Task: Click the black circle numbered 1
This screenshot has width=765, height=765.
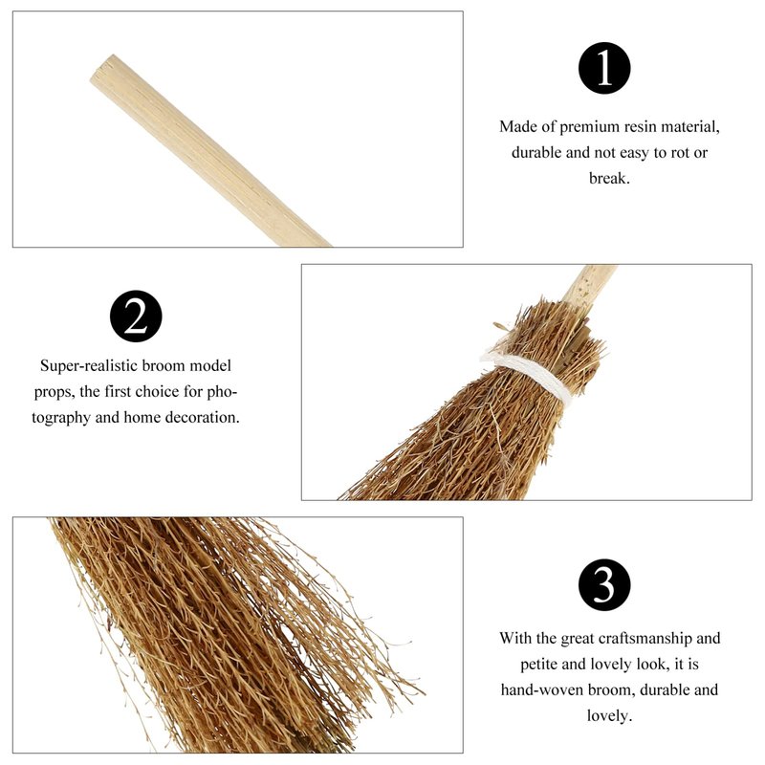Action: (x=604, y=68)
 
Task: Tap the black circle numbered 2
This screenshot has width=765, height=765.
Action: (x=136, y=317)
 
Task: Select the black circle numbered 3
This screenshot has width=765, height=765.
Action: (x=604, y=584)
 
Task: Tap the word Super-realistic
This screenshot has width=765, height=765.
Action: (x=93, y=366)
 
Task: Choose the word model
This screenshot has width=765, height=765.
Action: (x=210, y=366)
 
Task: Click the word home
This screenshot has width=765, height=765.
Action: (x=142, y=417)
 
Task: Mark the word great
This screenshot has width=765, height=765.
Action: (x=578, y=639)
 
